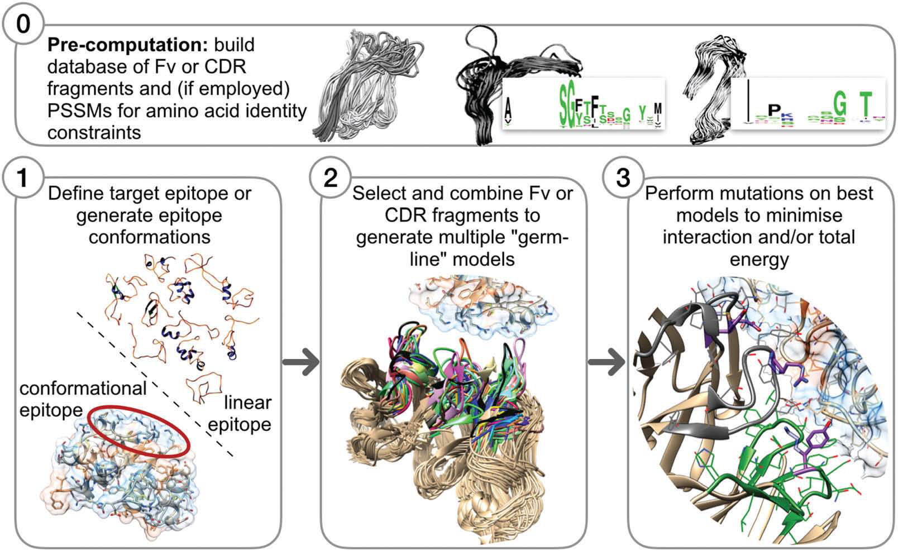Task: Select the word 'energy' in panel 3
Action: pyautogui.click(x=758, y=259)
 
